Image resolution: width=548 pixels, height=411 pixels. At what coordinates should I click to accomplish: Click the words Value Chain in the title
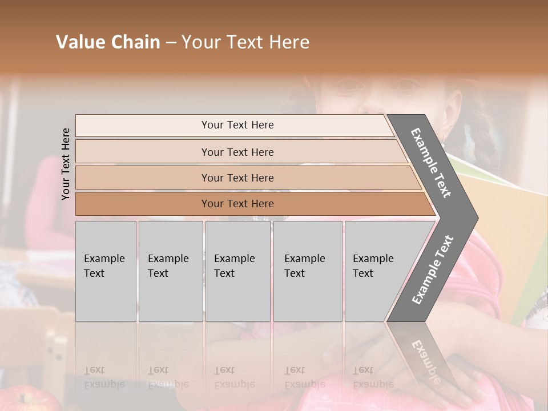point(108,42)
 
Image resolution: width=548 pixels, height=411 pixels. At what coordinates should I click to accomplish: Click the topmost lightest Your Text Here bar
point(237,125)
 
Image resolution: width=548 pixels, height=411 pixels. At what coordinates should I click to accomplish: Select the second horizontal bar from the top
point(237,152)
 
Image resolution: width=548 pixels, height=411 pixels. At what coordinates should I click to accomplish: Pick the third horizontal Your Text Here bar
point(237,178)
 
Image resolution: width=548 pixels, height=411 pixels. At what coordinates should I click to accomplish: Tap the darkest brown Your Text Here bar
point(237,204)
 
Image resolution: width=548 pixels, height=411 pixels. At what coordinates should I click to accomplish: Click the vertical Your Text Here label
point(66,164)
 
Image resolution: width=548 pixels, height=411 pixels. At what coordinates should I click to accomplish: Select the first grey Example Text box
point(106,271)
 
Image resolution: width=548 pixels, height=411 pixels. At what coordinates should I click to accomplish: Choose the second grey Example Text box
point(170,271)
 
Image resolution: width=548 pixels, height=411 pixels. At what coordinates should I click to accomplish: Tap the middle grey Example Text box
point(237,271)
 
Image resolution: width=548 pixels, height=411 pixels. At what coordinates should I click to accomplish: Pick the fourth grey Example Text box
point(307,271)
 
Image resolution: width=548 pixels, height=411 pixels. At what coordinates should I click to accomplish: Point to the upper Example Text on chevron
point(431,163)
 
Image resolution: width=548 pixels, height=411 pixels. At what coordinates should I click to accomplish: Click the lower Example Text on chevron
point(433,269)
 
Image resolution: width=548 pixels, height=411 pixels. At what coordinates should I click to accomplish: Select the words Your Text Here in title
point(245,42)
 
